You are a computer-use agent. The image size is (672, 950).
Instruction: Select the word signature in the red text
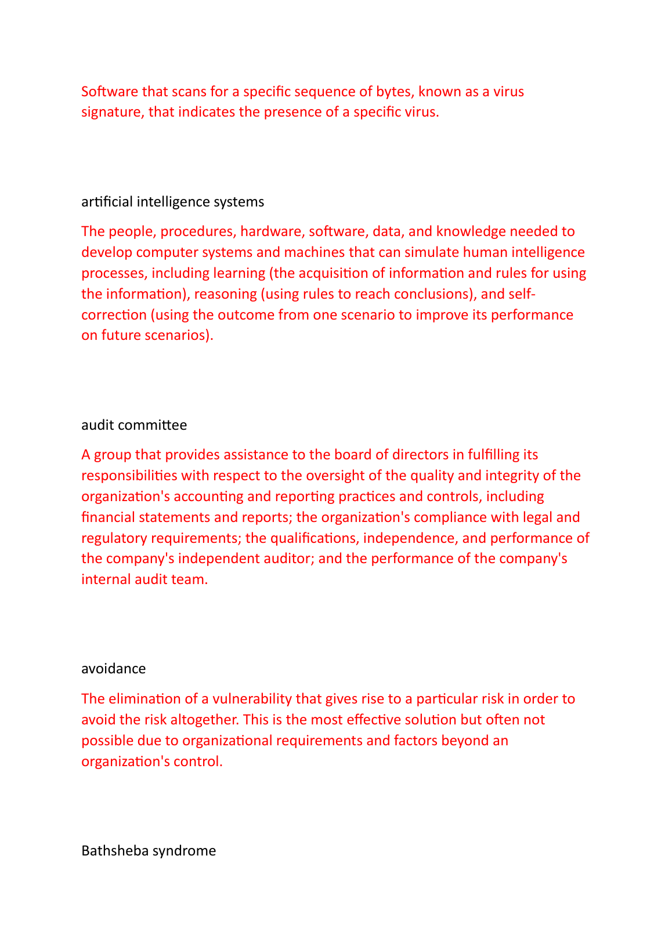pos(111,112)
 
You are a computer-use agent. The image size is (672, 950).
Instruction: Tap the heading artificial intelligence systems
pos(172,202)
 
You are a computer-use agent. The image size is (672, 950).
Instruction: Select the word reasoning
pos(225,294)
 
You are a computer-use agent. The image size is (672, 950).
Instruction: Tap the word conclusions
pos(431,294)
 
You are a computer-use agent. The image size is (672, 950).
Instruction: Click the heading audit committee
pos(134,425)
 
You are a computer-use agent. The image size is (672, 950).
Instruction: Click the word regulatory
pos(114,538)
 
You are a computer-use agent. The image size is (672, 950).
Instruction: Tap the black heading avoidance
pos(113,669)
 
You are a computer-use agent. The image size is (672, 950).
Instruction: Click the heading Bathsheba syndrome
pos(149,851)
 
